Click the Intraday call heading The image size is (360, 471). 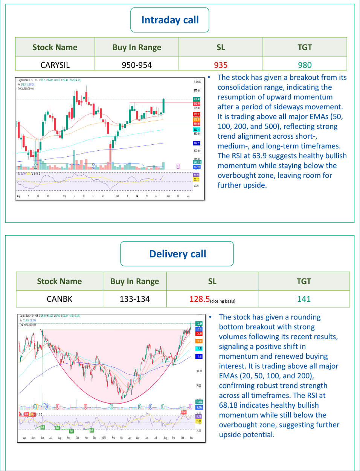(170, 20)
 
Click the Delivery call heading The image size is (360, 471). (177, 254)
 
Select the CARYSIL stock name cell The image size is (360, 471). (55, 65)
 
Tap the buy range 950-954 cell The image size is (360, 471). (137, 65)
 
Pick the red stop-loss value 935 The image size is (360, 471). (221, 65)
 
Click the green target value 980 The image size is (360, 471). (305, 65)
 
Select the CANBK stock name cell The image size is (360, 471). (59, 299)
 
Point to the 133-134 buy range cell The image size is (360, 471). (135, 299)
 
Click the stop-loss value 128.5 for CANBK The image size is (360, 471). (200, 299)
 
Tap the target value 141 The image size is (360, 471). (304, 299)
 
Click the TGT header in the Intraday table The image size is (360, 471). (305, 47)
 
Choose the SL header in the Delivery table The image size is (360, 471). (212, 281)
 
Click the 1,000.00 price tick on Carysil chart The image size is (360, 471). (197, 82)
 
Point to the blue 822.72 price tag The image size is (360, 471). (197, 143)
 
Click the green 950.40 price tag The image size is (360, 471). (197, 99)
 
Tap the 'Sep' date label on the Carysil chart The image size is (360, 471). (64, 196)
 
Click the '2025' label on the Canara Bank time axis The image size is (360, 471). (104, 438)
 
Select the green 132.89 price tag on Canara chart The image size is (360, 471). (199, 324)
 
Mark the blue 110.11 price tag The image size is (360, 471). (199, 356)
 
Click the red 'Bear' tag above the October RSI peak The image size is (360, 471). (184, 412)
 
